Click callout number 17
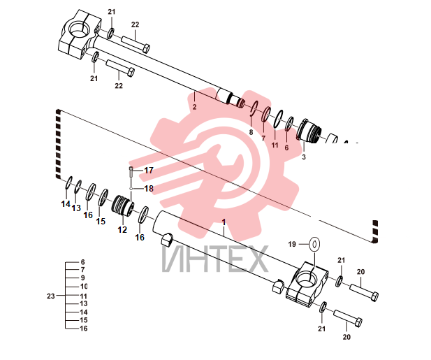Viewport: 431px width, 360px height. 149,171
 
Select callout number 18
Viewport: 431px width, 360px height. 149,189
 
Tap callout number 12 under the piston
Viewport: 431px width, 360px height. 122,230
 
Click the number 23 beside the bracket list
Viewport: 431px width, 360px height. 51,296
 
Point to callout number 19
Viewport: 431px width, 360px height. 292,244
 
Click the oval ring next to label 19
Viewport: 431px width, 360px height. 315,244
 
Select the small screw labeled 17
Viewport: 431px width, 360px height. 131,172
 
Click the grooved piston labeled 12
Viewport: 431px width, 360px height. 123,206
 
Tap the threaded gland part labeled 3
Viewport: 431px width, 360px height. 309,131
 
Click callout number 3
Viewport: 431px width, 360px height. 304,157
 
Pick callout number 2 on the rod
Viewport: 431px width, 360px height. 195,107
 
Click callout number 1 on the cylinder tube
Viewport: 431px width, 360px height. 224,222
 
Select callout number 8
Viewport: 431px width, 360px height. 251,133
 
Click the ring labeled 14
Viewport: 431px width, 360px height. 68,182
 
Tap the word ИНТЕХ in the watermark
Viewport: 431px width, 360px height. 214,259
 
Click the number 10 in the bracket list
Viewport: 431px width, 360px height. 83,287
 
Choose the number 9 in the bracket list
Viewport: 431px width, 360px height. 82,278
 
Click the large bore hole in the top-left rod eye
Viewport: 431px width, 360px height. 79,29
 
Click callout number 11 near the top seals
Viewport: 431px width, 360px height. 275,145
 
